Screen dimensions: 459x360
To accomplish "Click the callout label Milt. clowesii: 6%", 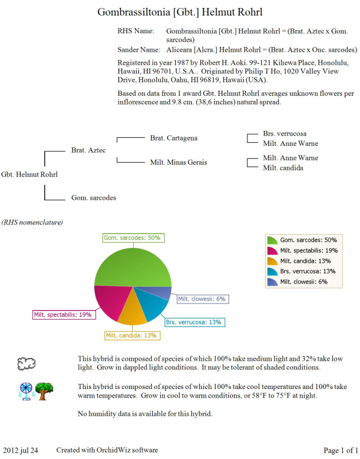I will pos(202,299).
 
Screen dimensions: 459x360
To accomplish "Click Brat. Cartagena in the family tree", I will pos(173,138).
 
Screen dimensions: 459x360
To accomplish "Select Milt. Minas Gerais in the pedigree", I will pos(179,162).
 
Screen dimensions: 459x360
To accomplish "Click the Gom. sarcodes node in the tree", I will pos(93,198).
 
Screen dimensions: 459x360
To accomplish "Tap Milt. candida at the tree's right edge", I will pos(283,168).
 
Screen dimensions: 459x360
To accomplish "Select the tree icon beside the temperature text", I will pos(45,391).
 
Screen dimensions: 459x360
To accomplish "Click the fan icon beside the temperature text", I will pos(26,391).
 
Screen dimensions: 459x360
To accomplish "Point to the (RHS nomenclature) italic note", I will pos(32,222).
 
